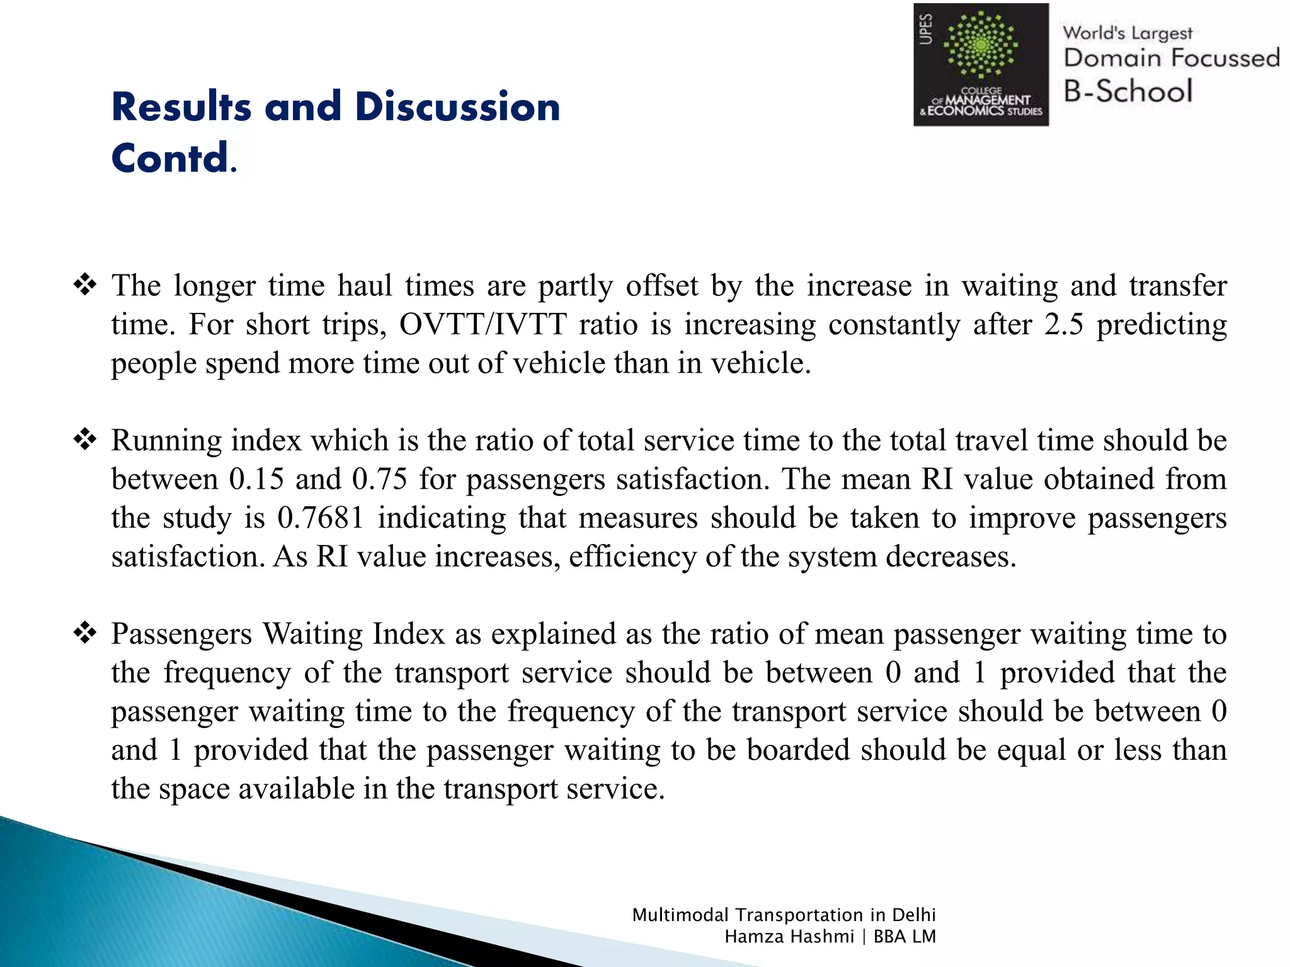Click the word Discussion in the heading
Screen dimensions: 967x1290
tap(457, 106)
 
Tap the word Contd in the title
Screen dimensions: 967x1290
tap(170, 158)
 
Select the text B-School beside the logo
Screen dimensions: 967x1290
tap(1127, 91)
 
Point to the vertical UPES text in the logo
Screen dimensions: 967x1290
tap(926, 29)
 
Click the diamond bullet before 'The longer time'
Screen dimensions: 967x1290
tap(85, 285)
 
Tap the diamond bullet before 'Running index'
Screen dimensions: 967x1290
tap(85, 439)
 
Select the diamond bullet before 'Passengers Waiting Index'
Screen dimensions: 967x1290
tap(85, 633)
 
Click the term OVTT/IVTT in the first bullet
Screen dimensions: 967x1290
tap(482, 325)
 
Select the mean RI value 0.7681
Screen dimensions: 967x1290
tap(321, 518)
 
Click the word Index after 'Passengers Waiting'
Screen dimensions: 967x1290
tap(408, 634)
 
